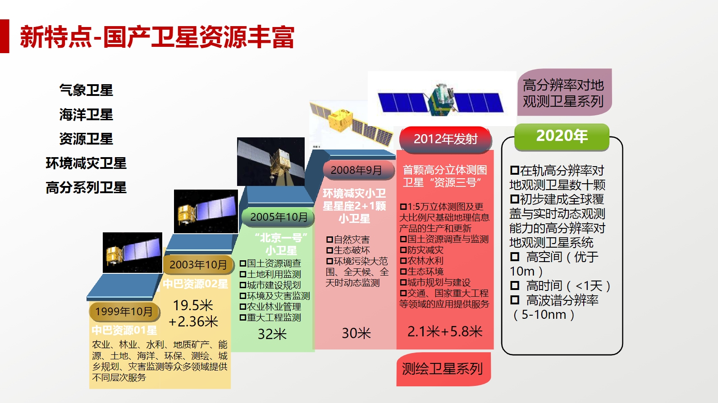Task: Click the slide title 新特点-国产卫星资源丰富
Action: [x=157, y=37]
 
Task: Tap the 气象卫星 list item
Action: [x=86, y=90]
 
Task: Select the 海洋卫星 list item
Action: [x=86, y=114]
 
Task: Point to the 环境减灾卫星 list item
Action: [x=86, y=163]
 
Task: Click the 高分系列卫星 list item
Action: [x=86, y=188]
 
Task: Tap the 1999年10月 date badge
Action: [x=124, y=312]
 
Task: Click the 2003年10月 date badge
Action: [x=198, y=264]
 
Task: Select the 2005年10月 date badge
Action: [x=278, y=217]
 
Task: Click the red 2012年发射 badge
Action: [x=446, y=139]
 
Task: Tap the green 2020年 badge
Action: [x=562, y=136]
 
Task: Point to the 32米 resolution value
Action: [x=272, y=334]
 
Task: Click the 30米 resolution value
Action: [x=356, y=333]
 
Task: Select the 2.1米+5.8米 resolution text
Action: [x=445, y=331]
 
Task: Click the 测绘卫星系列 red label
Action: [x=444, y=369]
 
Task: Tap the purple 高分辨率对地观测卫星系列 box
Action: [x=564, y=92]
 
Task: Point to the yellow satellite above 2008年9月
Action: [x=351, y=125]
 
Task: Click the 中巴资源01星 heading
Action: [x=124, y=331]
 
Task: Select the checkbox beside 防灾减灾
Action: [x=403, y=250]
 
